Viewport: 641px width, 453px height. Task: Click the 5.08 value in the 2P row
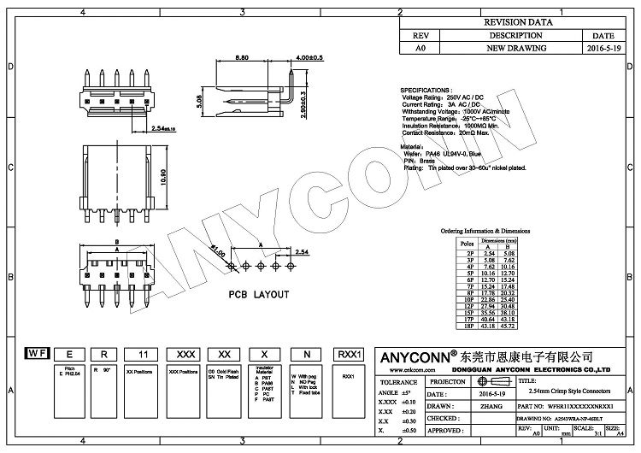511,254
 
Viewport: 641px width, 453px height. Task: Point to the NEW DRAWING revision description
515,50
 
